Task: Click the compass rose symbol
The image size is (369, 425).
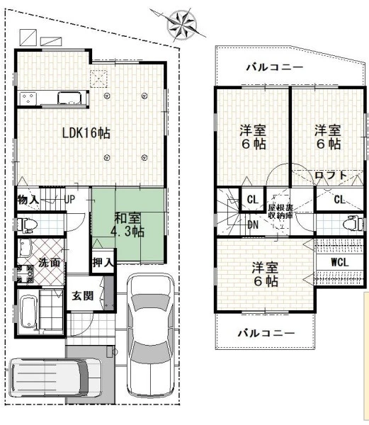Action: coord(181,24)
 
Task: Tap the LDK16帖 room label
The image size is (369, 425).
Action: coord(86,133)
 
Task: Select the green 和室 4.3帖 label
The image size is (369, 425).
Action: coord(127,225)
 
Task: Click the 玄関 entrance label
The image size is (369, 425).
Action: coord(83,295)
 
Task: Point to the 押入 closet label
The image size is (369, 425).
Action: coord(103,262)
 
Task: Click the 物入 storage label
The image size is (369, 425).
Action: coord(28,200)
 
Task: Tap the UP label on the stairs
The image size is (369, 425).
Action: coord(69,200)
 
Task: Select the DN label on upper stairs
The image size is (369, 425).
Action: coord(253,225)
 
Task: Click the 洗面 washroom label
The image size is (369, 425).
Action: coord(49,262)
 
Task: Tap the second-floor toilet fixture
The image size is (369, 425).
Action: coord(353,223)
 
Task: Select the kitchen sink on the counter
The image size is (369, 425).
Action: coord(69,98)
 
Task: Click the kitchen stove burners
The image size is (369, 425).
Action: coord(28,98)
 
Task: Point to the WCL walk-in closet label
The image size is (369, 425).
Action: coord(340,262)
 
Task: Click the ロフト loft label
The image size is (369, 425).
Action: coord(331,175)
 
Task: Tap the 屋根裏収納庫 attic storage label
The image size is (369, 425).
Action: coord(280,212)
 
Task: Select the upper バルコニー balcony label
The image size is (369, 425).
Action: coord(274,67)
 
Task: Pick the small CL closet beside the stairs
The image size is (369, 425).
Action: coord(253,200)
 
